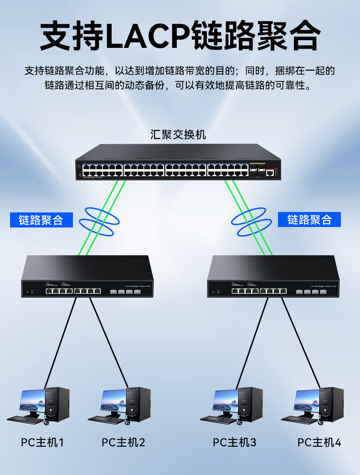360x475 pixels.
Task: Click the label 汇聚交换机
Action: pyautogui.click(x=178, y=135)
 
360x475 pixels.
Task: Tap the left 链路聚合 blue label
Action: pyautogui.click(x=41, y=220)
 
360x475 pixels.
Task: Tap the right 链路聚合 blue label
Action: pyautogui.click(x=309, y=220)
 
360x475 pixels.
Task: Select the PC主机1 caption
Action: pyautogui.click(x=42, y=442)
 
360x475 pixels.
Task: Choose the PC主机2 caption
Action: pyautogui.click(x=123, y=442)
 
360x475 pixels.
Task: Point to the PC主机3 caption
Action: pyautogui.click(x=235, y=442)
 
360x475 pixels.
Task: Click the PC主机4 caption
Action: pyautogui.click(x=319, y=442)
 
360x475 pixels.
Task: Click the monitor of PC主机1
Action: pyautogui.click(x=32, y=401)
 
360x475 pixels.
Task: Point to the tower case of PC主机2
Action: pyautogui.click(x=139, y=403)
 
